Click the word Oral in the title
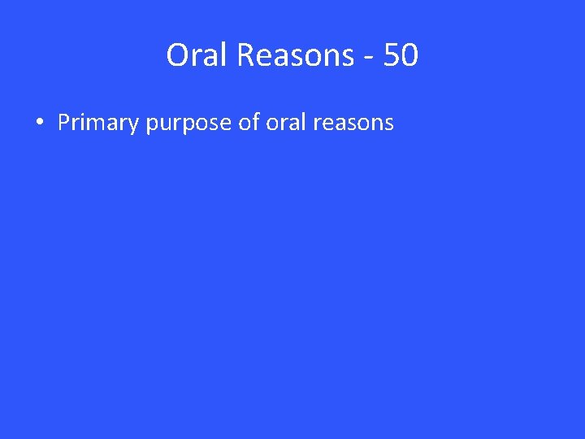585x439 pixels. (193, 55)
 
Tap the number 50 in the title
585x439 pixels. (401, 55)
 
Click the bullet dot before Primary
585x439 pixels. (39, 124)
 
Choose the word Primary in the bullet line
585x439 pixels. (99, 124)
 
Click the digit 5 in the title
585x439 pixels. (392, 55)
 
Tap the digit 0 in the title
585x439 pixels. (410, 55)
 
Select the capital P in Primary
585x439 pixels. (64, 123)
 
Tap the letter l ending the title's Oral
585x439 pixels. (218, 54)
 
